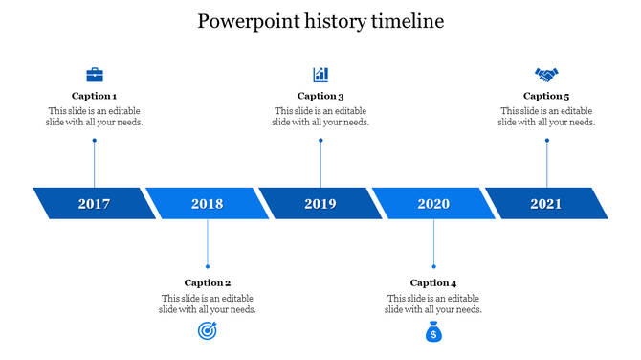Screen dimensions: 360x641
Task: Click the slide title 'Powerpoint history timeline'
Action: pyautogui.click(x=320, y=21)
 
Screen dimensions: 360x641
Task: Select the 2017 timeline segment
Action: pyautogui.click(x=95, y=203)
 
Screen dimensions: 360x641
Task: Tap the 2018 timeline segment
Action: pyautogui.click(x=208, y=203)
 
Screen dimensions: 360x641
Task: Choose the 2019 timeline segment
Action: pyautogui.click(x=320, y=203)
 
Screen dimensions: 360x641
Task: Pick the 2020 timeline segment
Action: pyautogui.click(x=433, y=203)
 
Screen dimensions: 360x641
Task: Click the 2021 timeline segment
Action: pyautogui.click(x=546, y=203)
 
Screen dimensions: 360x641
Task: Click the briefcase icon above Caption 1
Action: pyautogui.click(x=95, y=74)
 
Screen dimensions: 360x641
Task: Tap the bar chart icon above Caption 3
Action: pyautogui.click(x=320, y=74)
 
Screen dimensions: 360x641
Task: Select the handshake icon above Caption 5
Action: pyautogui.click(x=546, y=74)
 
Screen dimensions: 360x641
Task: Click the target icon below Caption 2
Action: pyautogui.click(x=208, y=331)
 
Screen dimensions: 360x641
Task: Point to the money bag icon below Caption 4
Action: pyautogui.click(x=433, y=331)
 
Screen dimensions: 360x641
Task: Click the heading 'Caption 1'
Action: pyautogui.click(x=95, y=96)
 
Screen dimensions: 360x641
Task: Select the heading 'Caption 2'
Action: pyautogui.click(x=208, y=282)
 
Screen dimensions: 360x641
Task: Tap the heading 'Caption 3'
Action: pyautogui.click(x=320, y=96)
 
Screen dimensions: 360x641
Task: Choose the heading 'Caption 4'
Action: pyautogui.click(x=433, y=282)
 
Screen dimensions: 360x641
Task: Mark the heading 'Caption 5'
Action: pyautogui.click(x=546, y=96)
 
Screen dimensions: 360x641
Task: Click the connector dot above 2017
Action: pyautogui.click(x=95, y=141)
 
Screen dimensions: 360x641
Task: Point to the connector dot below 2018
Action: pyautogui.click(x=208, y=266)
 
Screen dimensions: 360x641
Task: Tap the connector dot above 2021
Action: pyautogui.click(x=547, y=141)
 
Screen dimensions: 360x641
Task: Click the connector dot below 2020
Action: pyautogui.click(x=434, y=266)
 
